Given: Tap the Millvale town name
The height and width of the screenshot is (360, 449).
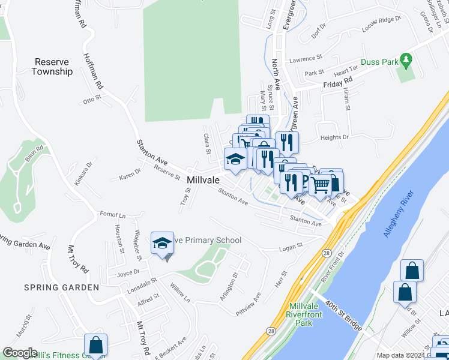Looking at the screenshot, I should click(x=203, y=180).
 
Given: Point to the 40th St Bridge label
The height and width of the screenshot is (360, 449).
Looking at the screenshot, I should click(x=344, y=315).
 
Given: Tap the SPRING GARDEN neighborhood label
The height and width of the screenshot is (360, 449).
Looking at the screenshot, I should click(x=61, y=287).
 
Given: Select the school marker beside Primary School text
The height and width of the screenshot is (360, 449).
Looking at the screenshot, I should click(x=161, y=244).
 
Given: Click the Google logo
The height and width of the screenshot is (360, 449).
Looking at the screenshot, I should click(x=20, y=353).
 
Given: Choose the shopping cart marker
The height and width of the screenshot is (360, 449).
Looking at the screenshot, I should click(x=320, y=185).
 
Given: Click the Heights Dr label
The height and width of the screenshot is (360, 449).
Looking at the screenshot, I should click(x=335, y=137).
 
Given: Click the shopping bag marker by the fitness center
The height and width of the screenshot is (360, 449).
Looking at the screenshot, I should click(x=95, y=345).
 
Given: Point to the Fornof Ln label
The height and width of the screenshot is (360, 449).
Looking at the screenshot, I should click(x=113, y=214).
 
